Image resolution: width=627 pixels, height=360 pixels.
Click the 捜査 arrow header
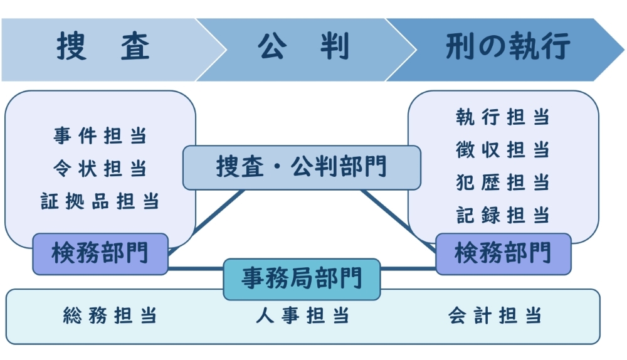[103, 49]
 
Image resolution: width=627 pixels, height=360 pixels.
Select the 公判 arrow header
[304, 49]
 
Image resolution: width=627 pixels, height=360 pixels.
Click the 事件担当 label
[100, 135]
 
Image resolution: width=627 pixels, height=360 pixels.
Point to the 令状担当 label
[100, 168]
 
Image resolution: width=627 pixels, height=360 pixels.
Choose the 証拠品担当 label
[100, 201]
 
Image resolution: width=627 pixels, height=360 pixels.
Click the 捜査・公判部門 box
[302, 167]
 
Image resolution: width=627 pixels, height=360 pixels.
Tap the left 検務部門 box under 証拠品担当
[100, 254]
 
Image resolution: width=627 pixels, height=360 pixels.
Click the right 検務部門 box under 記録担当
[503, 254]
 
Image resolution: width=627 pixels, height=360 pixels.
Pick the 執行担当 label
[503, 117]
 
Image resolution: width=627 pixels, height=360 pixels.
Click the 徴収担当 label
[503, 150]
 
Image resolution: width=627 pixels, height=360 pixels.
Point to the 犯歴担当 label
[503, 183]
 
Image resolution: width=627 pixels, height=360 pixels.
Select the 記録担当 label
[503, 215]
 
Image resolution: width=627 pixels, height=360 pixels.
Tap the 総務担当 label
[110, 315]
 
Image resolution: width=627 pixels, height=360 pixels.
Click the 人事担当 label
[302, 315]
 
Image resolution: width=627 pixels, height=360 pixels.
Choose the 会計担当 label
[495, 315]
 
